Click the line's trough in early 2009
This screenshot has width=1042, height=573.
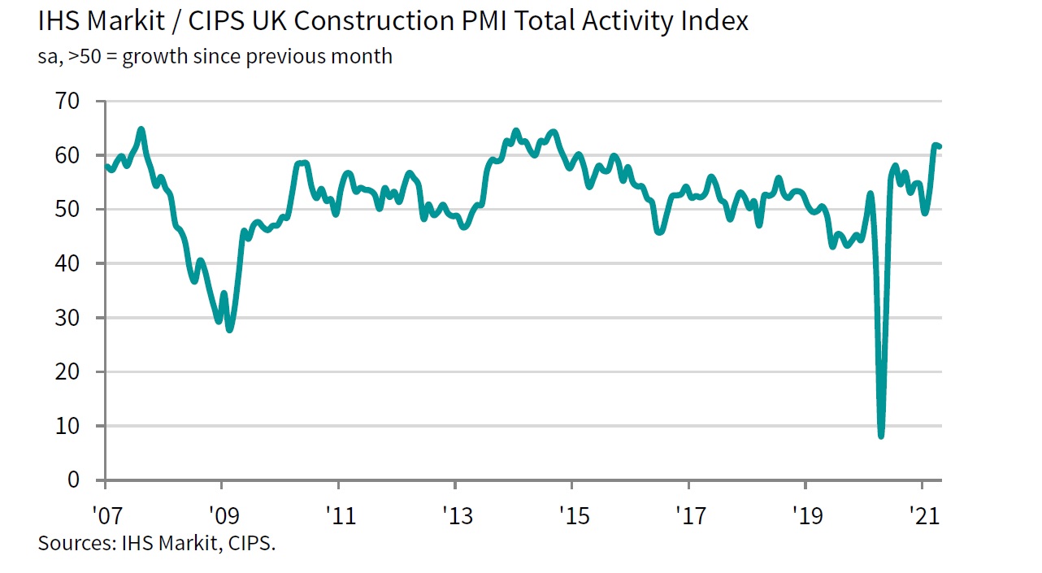click(230, 329)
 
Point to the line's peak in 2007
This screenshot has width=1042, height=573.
click(141, 129)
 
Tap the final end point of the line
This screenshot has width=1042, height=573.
click(940, 146)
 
